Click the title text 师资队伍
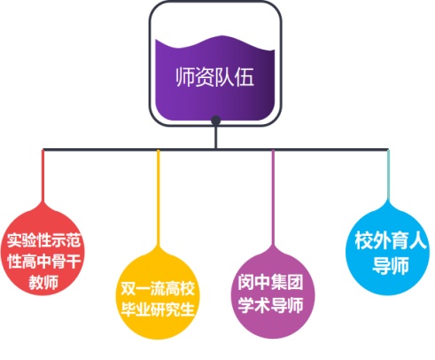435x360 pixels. pyautogui.click(x=214, y=77)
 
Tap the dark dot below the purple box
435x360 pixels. pyautogui.click(x=216, y=121)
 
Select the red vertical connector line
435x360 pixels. pyautogui.click(x=43, y=176)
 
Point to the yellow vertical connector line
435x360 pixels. pyautogui.click(x=159, y=199)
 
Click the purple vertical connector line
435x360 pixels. pyautogui.click(x=273, y=199)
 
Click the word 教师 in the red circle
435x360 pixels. pyautogui.click(x=43, y=282)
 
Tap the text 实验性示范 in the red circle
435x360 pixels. pyautogui.click(x=43, y=240)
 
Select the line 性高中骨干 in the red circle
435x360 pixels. pyautogui.click(x=43, y=261)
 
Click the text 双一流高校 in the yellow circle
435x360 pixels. pyautogui.click(x=158, y=288)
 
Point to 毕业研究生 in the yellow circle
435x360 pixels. pyautogui.click(x=158, y=309)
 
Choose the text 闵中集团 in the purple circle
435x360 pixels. pyautogui.click(x=270, y=282)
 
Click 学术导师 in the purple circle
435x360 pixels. pyautogui.click(x=270, y=305)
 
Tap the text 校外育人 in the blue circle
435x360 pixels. pyautogui.click(x=391, y=240)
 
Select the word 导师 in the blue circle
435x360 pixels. pyautogui.click(x=391, y=265)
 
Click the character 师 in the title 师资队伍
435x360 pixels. pyautogui.click(x=185, y=77)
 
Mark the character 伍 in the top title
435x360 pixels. pyautogui.click(x=245, y=77)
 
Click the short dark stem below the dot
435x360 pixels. pyautogui.click(x=216, y=137)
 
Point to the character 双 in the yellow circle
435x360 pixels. pyautogui.click(x=128, y=288)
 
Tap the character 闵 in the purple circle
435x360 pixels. pyautogui.click(x=246, y=282)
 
